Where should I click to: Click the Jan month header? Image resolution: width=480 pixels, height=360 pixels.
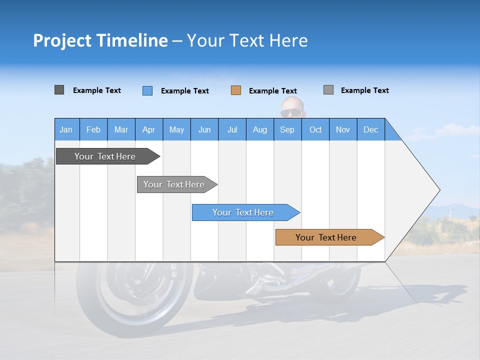point(66,129)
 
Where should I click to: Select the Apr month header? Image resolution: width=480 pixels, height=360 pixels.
point(149,129)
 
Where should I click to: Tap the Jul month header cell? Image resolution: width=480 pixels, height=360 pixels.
point(232,129)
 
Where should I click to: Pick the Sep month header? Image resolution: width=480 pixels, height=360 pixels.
point(287,129)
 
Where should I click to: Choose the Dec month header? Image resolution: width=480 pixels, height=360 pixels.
point(370,129)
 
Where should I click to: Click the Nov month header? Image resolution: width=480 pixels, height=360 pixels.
point(343,129)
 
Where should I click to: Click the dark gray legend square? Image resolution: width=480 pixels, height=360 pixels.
point(59,90)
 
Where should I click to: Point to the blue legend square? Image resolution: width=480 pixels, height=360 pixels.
point(147,90)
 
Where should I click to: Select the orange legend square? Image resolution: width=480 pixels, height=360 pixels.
point(236,90)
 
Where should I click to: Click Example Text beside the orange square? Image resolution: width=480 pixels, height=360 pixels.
point(273,91)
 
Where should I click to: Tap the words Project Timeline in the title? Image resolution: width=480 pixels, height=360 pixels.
point(100,40)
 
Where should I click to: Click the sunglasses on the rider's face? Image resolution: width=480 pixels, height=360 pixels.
point(291,113)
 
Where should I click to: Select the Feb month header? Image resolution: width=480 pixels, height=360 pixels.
point(93,129)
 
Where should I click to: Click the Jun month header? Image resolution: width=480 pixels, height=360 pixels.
point(204,129)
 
